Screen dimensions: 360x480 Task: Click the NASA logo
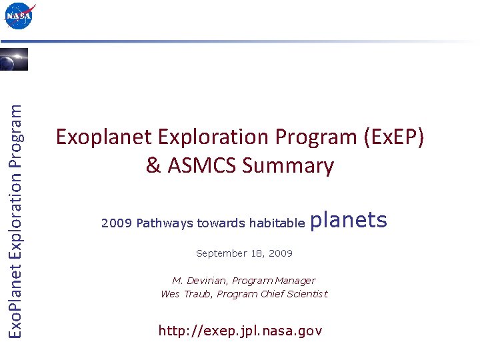click(19, 16)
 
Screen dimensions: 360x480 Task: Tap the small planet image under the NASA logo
click(14, 59)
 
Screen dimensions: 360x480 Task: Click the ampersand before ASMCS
click(153, 165)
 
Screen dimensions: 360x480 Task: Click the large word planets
click(349, 221)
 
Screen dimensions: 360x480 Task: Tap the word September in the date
click(219, 254)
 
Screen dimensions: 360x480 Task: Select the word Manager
click(294, 281)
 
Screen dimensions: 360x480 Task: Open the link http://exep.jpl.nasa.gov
click(240, 331)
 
